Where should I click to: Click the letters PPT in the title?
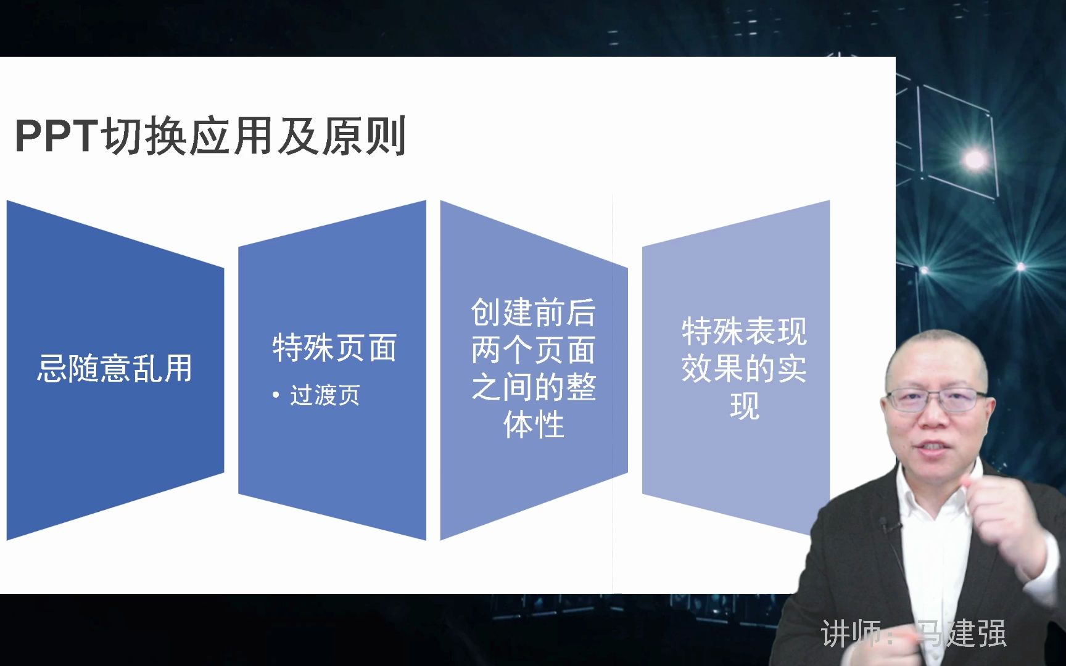(56, 136)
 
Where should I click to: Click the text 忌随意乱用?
(115, 369)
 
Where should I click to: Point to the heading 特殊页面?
(334, 348)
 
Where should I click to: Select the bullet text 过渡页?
(325, 395)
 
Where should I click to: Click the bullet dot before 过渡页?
(276, 395)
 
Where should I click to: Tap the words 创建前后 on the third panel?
(533, 312)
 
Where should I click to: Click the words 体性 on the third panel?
(534, 425)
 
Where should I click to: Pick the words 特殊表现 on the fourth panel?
(744, 332)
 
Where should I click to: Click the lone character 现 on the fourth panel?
(744, 406)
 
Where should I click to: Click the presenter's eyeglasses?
(936, 400)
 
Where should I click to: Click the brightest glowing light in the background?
(975, 160)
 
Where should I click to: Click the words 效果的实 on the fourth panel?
(744, 369)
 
